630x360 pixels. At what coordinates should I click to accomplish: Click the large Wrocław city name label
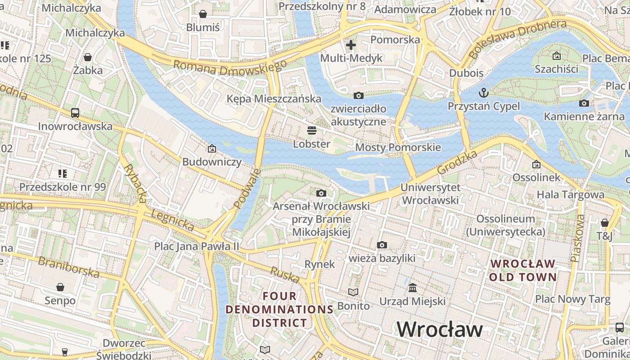[439, 329]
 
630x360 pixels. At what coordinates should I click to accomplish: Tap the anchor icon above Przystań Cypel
[484, 93]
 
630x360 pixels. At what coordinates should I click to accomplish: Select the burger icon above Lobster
[312, 130]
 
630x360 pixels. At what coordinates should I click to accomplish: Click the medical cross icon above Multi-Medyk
[351, 45]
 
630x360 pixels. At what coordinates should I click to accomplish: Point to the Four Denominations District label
[279, 310]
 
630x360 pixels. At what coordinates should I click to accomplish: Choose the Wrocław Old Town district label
[522, 270]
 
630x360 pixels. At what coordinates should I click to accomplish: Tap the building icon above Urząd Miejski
[413, 288]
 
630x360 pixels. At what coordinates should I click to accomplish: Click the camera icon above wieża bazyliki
[382, 245]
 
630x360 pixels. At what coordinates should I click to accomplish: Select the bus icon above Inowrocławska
[75, 112]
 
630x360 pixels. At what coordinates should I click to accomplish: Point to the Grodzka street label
[457, 163]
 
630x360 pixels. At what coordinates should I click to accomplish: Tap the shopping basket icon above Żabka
[88, 57]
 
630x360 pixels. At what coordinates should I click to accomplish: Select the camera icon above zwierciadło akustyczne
[359, 95]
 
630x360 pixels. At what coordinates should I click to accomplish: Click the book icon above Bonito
[354, 292]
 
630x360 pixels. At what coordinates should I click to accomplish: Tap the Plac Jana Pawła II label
[197, 246]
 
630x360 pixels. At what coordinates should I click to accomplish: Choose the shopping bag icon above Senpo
[60, 287]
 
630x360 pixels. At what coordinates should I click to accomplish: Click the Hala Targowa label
[571, 194]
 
